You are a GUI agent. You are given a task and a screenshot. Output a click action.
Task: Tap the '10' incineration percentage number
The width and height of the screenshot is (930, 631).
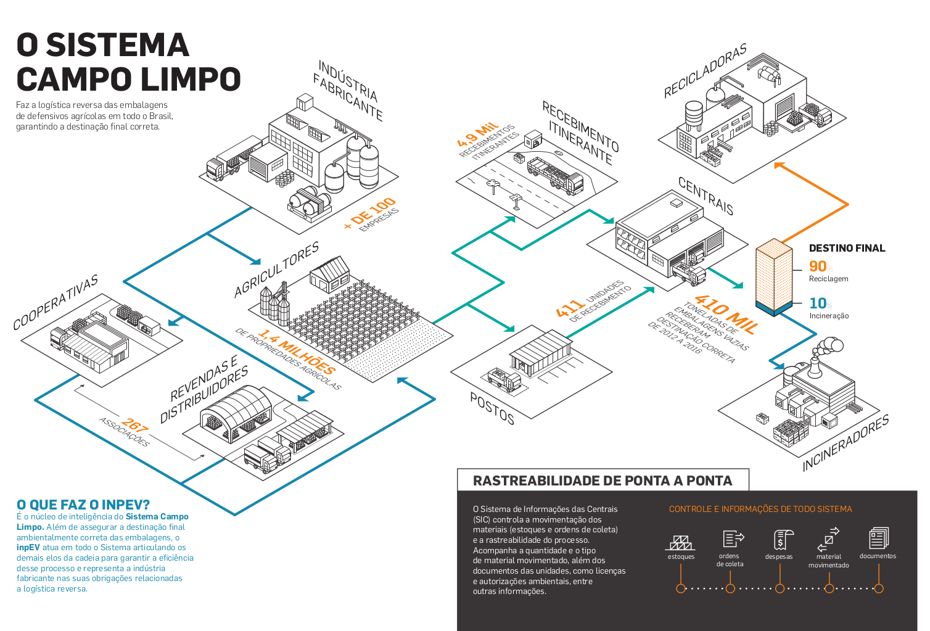(818, 303)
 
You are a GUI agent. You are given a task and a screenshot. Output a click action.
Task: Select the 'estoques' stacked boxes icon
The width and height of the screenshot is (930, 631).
(681, 542)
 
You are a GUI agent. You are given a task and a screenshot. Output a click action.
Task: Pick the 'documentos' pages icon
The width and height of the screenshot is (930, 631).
(879, 538)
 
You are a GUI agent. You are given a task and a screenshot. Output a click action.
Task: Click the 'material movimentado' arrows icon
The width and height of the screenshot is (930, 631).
(828, 539)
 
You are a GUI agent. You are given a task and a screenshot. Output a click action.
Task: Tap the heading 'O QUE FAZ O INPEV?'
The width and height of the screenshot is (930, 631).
(83, 505)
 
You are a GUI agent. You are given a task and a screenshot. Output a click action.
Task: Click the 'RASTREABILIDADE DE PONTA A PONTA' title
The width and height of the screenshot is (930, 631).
(603, 480)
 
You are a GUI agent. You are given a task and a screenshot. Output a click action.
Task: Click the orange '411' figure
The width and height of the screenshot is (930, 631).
(570, 308)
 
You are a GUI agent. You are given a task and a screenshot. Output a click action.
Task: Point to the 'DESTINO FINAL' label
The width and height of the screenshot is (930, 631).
(847, 248)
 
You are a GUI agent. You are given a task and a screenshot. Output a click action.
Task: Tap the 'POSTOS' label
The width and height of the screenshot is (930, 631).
(492, 409)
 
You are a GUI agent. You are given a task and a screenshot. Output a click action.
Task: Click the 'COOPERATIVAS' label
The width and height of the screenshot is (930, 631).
(56, 302)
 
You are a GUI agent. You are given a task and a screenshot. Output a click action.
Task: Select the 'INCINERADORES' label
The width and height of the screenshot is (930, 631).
(846, 443)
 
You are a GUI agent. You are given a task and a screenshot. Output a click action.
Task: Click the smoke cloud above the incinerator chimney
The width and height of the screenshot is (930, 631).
(829, 348)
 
